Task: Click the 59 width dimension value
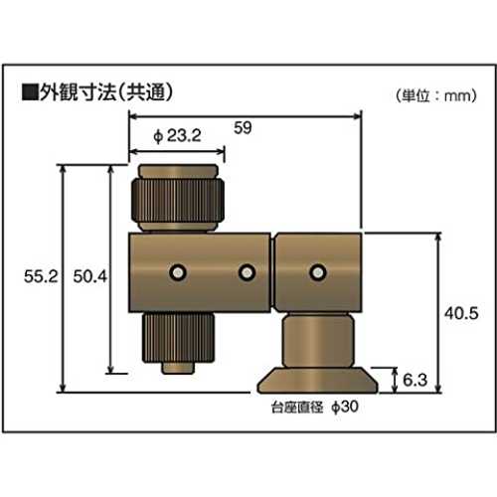click(x=243, y=128)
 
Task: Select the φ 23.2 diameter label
click(x=178, y=135)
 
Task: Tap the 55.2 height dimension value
click(x=41, y=276)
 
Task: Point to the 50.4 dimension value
click(x=90, y=276)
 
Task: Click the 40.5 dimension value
click(x=461, y=313)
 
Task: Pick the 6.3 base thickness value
click(x=415, y=380)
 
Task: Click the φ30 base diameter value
click(x=345, y=407)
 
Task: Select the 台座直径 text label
click(x=297, y=408)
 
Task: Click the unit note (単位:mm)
click(x=436, y=95)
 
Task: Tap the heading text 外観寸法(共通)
click(x=106, y=91)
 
